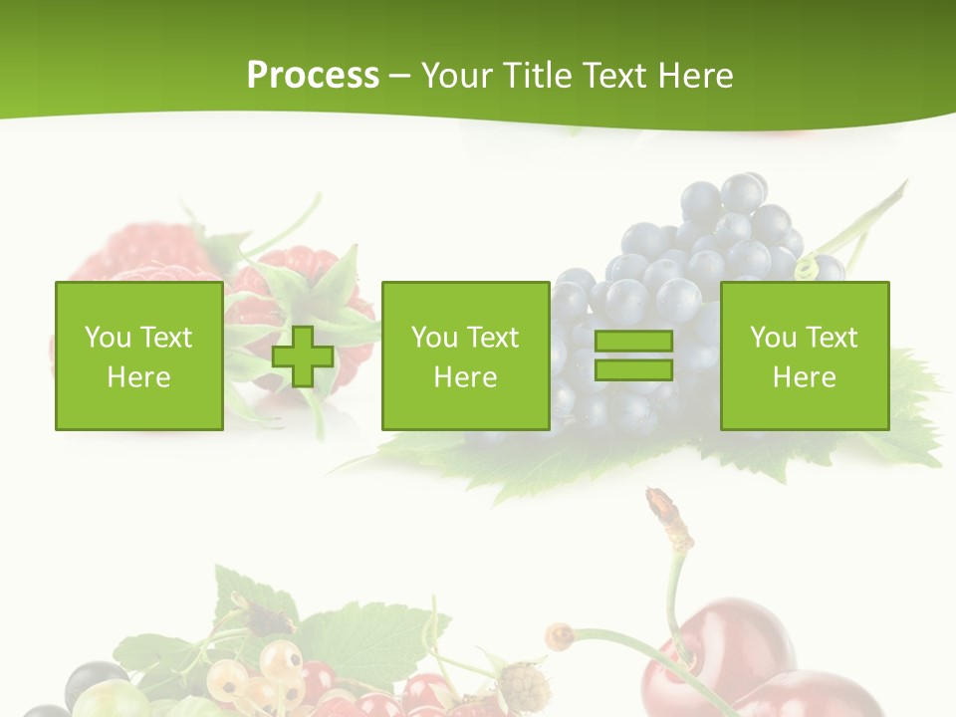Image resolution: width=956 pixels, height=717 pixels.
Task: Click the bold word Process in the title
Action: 313,76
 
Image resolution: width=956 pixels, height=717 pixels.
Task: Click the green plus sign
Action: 303,357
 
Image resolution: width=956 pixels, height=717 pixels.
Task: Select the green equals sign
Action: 633,357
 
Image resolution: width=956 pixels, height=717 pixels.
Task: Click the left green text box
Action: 139,357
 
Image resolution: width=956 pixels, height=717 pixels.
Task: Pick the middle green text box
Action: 466,357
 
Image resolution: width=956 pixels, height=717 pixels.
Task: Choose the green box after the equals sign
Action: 805,357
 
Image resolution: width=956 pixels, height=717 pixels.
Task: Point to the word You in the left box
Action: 108,338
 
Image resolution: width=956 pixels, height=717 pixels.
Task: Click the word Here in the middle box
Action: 466,377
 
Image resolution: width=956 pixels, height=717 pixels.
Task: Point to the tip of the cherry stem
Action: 658,498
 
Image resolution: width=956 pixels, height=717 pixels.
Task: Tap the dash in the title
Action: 400,77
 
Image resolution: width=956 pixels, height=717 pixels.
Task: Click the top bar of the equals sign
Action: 633,342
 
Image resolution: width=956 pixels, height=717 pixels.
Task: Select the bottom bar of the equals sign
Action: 633,370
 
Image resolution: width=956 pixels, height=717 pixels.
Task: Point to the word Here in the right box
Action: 805,377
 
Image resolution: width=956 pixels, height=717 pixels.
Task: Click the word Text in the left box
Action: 165,338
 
